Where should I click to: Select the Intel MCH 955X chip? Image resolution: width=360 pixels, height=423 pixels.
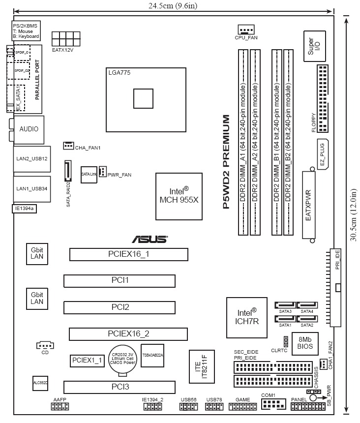coord(179,196)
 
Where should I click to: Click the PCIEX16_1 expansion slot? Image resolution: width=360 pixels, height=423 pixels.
coord(128,254)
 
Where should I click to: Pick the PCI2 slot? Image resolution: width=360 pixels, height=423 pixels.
coord(120,307)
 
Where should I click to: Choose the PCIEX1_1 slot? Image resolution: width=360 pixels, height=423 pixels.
coord(87,360)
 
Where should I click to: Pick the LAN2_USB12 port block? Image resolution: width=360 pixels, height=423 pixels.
coord(31,159)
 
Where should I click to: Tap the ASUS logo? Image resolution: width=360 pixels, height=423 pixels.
coord(149,240)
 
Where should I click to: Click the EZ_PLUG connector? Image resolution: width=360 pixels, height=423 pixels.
coord(323,154)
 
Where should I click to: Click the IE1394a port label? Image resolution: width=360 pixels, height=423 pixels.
coord(24,209)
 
